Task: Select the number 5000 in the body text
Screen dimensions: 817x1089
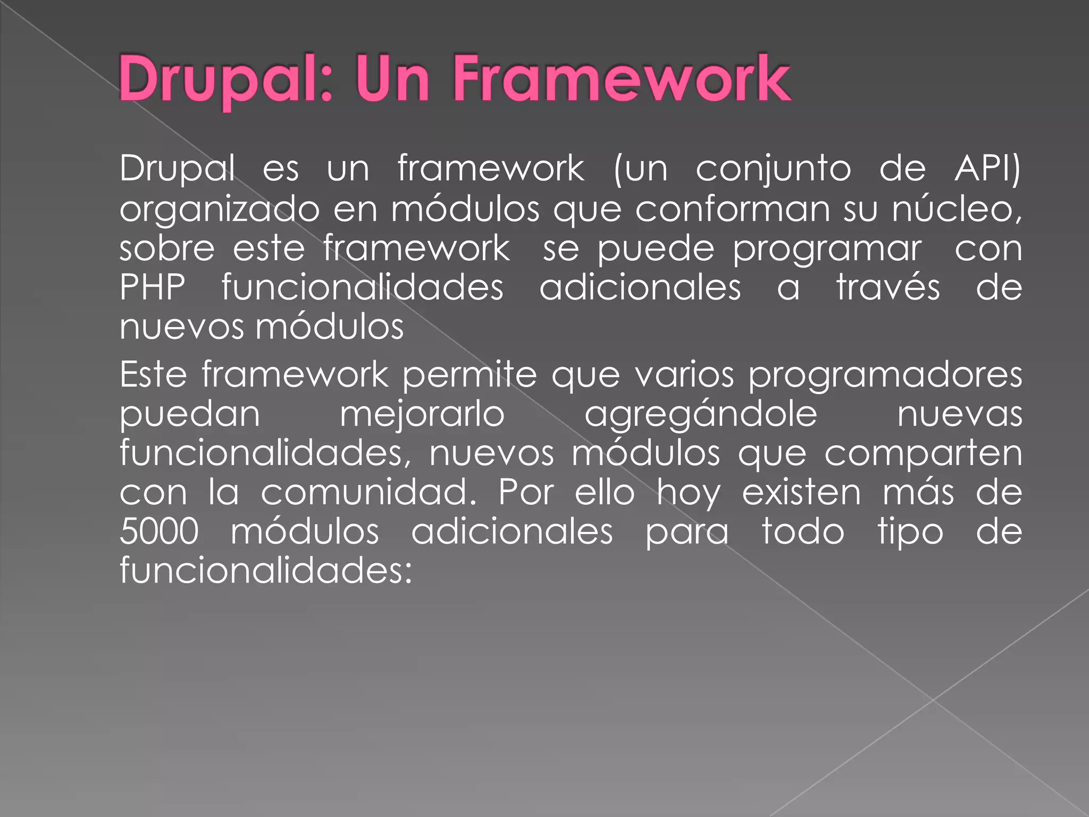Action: pyautogui.click(x=159, y=531)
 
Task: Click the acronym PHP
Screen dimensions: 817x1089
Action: pyautogui.click(x=153, y=288)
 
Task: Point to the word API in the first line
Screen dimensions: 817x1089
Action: pyautogui.click(x=986, y=169)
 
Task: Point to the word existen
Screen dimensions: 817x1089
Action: pyautogui.click(x=801, y=493)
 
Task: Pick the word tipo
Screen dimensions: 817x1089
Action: pyautogui.click(x=910, y=532)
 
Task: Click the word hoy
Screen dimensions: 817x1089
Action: pyautogui.click(x=688, y=494)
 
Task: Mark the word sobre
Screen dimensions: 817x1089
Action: pyautogui.click(x=167, y=249)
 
